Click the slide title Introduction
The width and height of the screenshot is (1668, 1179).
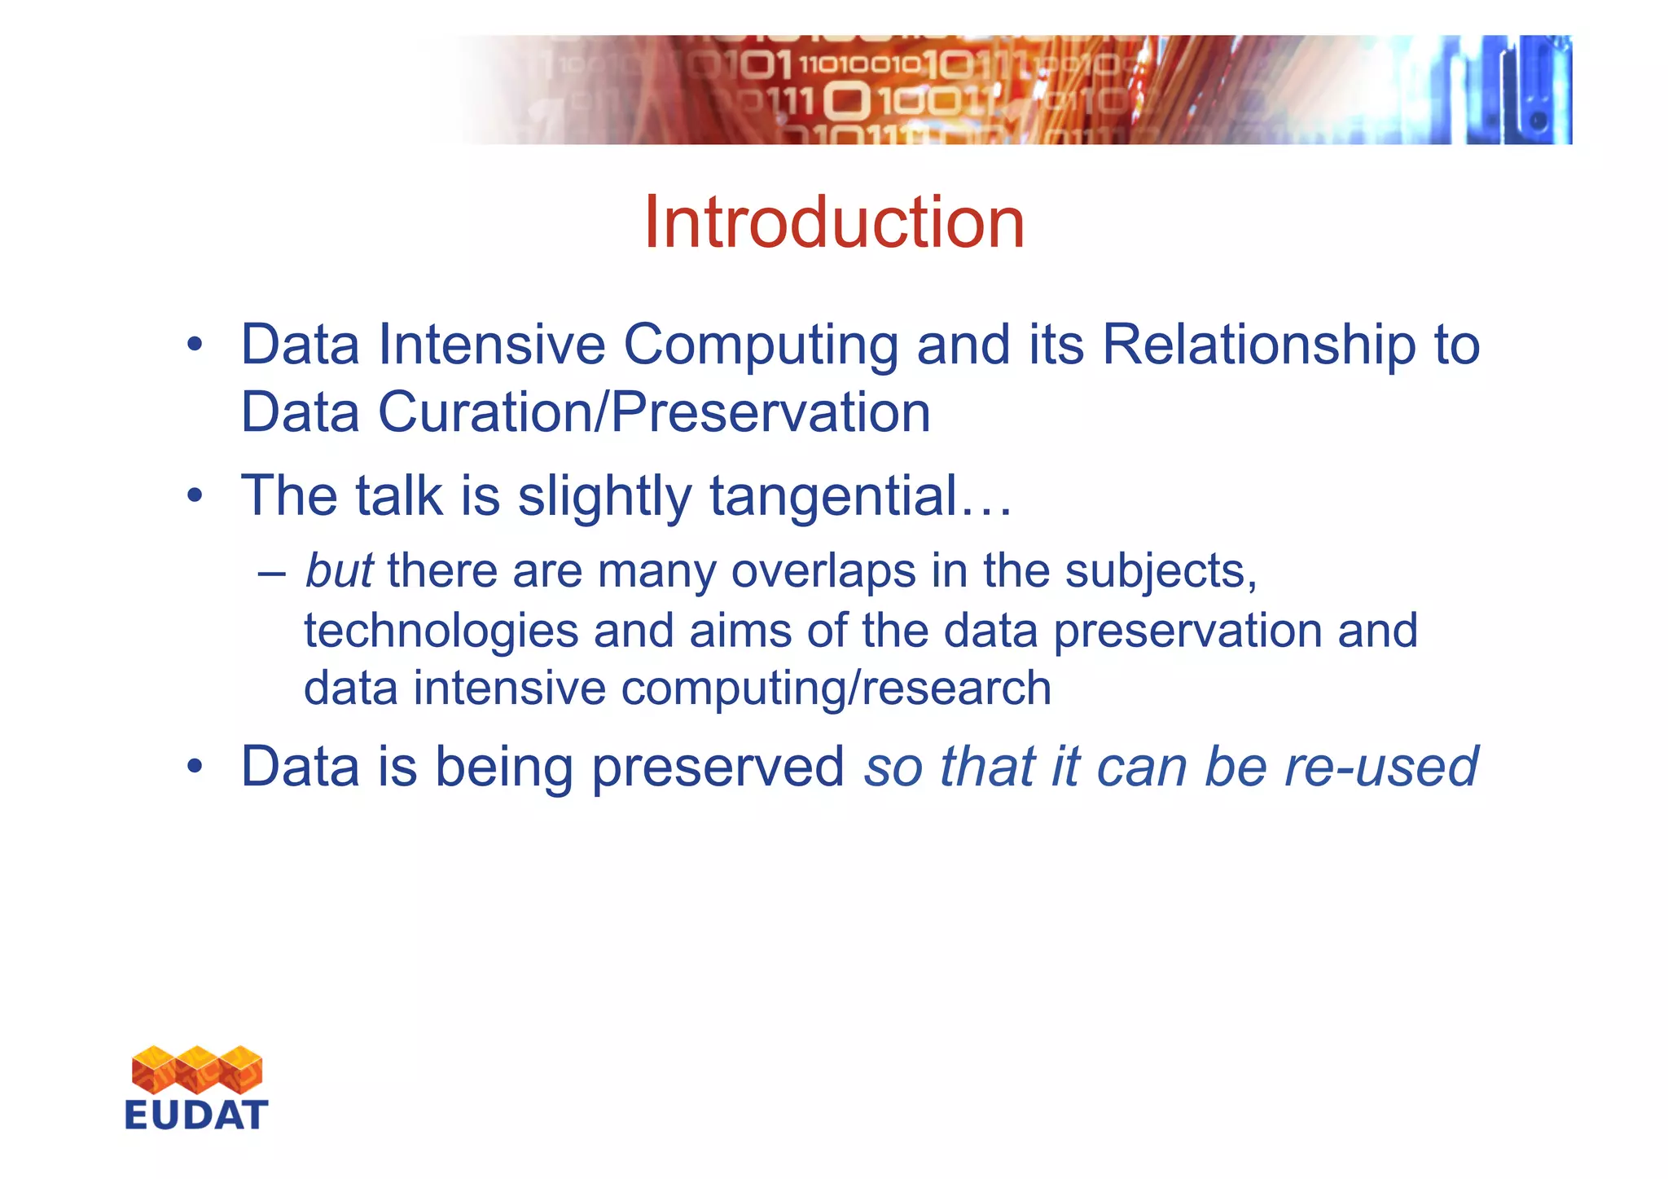(x=833, y=223)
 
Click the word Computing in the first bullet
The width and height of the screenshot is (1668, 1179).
(x=761, y=345)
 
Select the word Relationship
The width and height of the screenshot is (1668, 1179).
(x=1258, y=345)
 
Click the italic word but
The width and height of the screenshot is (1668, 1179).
(x=339, y=570)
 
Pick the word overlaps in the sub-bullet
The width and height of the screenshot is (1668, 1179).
(x=823, y=572)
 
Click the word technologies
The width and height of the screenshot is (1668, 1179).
(x=441, y=631)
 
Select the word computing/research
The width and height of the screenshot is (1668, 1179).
(x=836, y=688)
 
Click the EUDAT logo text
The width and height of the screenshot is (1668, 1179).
(x=196, y=1115)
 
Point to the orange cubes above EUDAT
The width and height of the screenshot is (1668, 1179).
(x=196, y=1069)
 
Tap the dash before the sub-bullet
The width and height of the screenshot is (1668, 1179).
(x=270, y=572)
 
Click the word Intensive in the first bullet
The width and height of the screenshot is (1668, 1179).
(x=492, y=345)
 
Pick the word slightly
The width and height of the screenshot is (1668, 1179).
(x=604, y=497)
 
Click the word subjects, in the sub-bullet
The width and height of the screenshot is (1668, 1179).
(x=1161, y=572)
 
